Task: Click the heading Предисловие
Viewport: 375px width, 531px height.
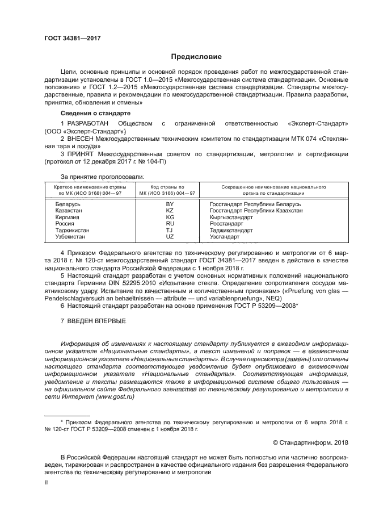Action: tap(188, 57)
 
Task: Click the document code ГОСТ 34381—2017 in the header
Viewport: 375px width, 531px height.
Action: tap(72, 38)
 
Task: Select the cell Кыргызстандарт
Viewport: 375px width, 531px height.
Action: tap(231, 217)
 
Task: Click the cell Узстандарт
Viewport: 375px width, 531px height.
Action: tap(224, 236)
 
